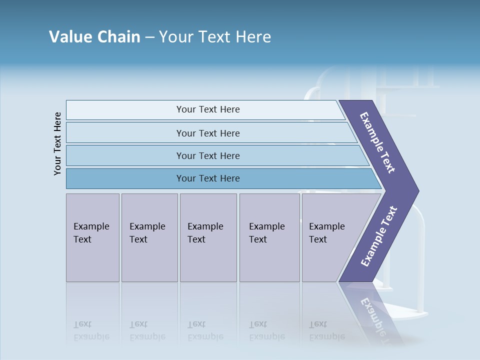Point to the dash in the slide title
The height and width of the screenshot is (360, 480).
coord(149,37)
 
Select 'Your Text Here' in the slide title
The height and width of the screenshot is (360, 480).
coord(215,37)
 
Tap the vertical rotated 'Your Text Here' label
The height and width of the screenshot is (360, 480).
coord(57,143)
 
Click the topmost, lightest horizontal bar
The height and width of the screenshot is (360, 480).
coord(207,109)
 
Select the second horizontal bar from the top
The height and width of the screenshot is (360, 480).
coord(207,133)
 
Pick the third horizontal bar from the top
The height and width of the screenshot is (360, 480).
coord(207,155)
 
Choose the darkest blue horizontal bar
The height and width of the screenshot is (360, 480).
coord(207,178)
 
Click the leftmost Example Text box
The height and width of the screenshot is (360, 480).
coord(92,237)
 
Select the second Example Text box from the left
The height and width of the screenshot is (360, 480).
coord(149,237)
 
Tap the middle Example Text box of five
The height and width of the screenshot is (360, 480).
coord(208,237)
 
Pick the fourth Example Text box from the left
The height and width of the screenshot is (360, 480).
coord(269,237)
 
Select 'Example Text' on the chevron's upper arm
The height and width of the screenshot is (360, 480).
coord(377,142)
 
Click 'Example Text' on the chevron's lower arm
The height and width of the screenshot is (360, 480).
coord(378,236)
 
